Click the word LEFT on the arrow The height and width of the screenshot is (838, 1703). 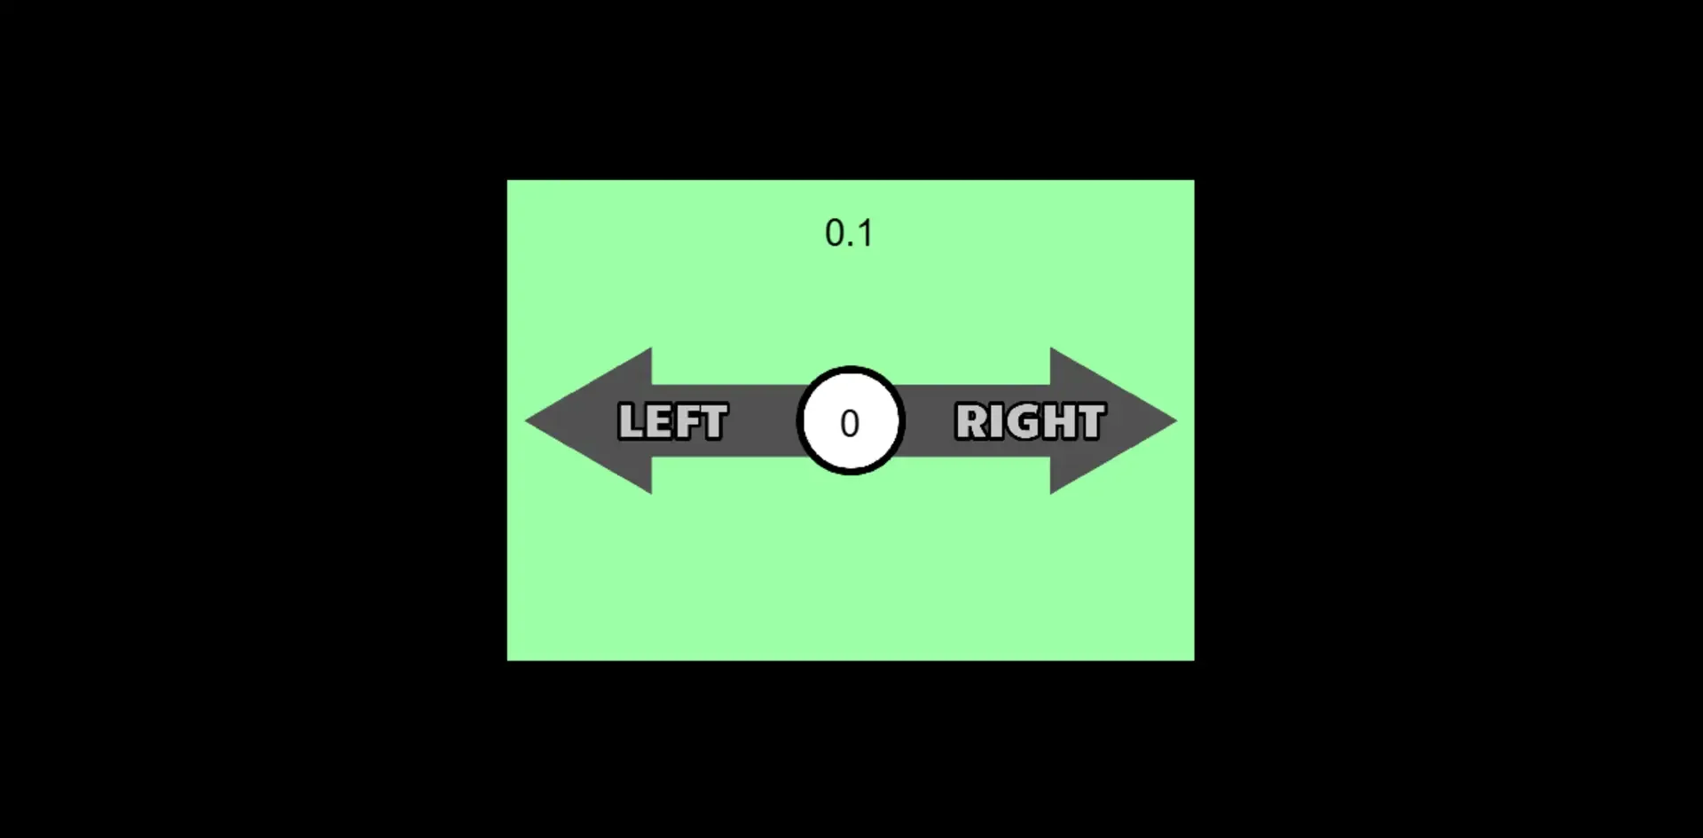tap(673, 421)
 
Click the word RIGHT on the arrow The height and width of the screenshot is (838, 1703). tap(1031, 421)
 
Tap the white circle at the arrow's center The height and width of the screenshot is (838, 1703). tap(851, 420)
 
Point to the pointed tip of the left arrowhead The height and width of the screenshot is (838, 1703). tap(526, 420)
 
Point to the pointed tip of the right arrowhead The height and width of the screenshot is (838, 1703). tap(1176, 420)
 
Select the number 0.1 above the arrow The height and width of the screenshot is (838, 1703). tap(849, 233)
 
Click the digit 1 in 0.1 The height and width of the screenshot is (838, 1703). tap(865, 233)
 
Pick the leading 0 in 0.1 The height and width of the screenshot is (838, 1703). tap(835, 233)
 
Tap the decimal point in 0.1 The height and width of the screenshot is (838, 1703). tap(851, 245)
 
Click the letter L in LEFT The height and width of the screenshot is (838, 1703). tap(630, 421)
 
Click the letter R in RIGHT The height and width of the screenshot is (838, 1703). tap(970, 421)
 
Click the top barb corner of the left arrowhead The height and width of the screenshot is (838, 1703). tap(651, 349)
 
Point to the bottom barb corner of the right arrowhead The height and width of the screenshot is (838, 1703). tap(1051, 493)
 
